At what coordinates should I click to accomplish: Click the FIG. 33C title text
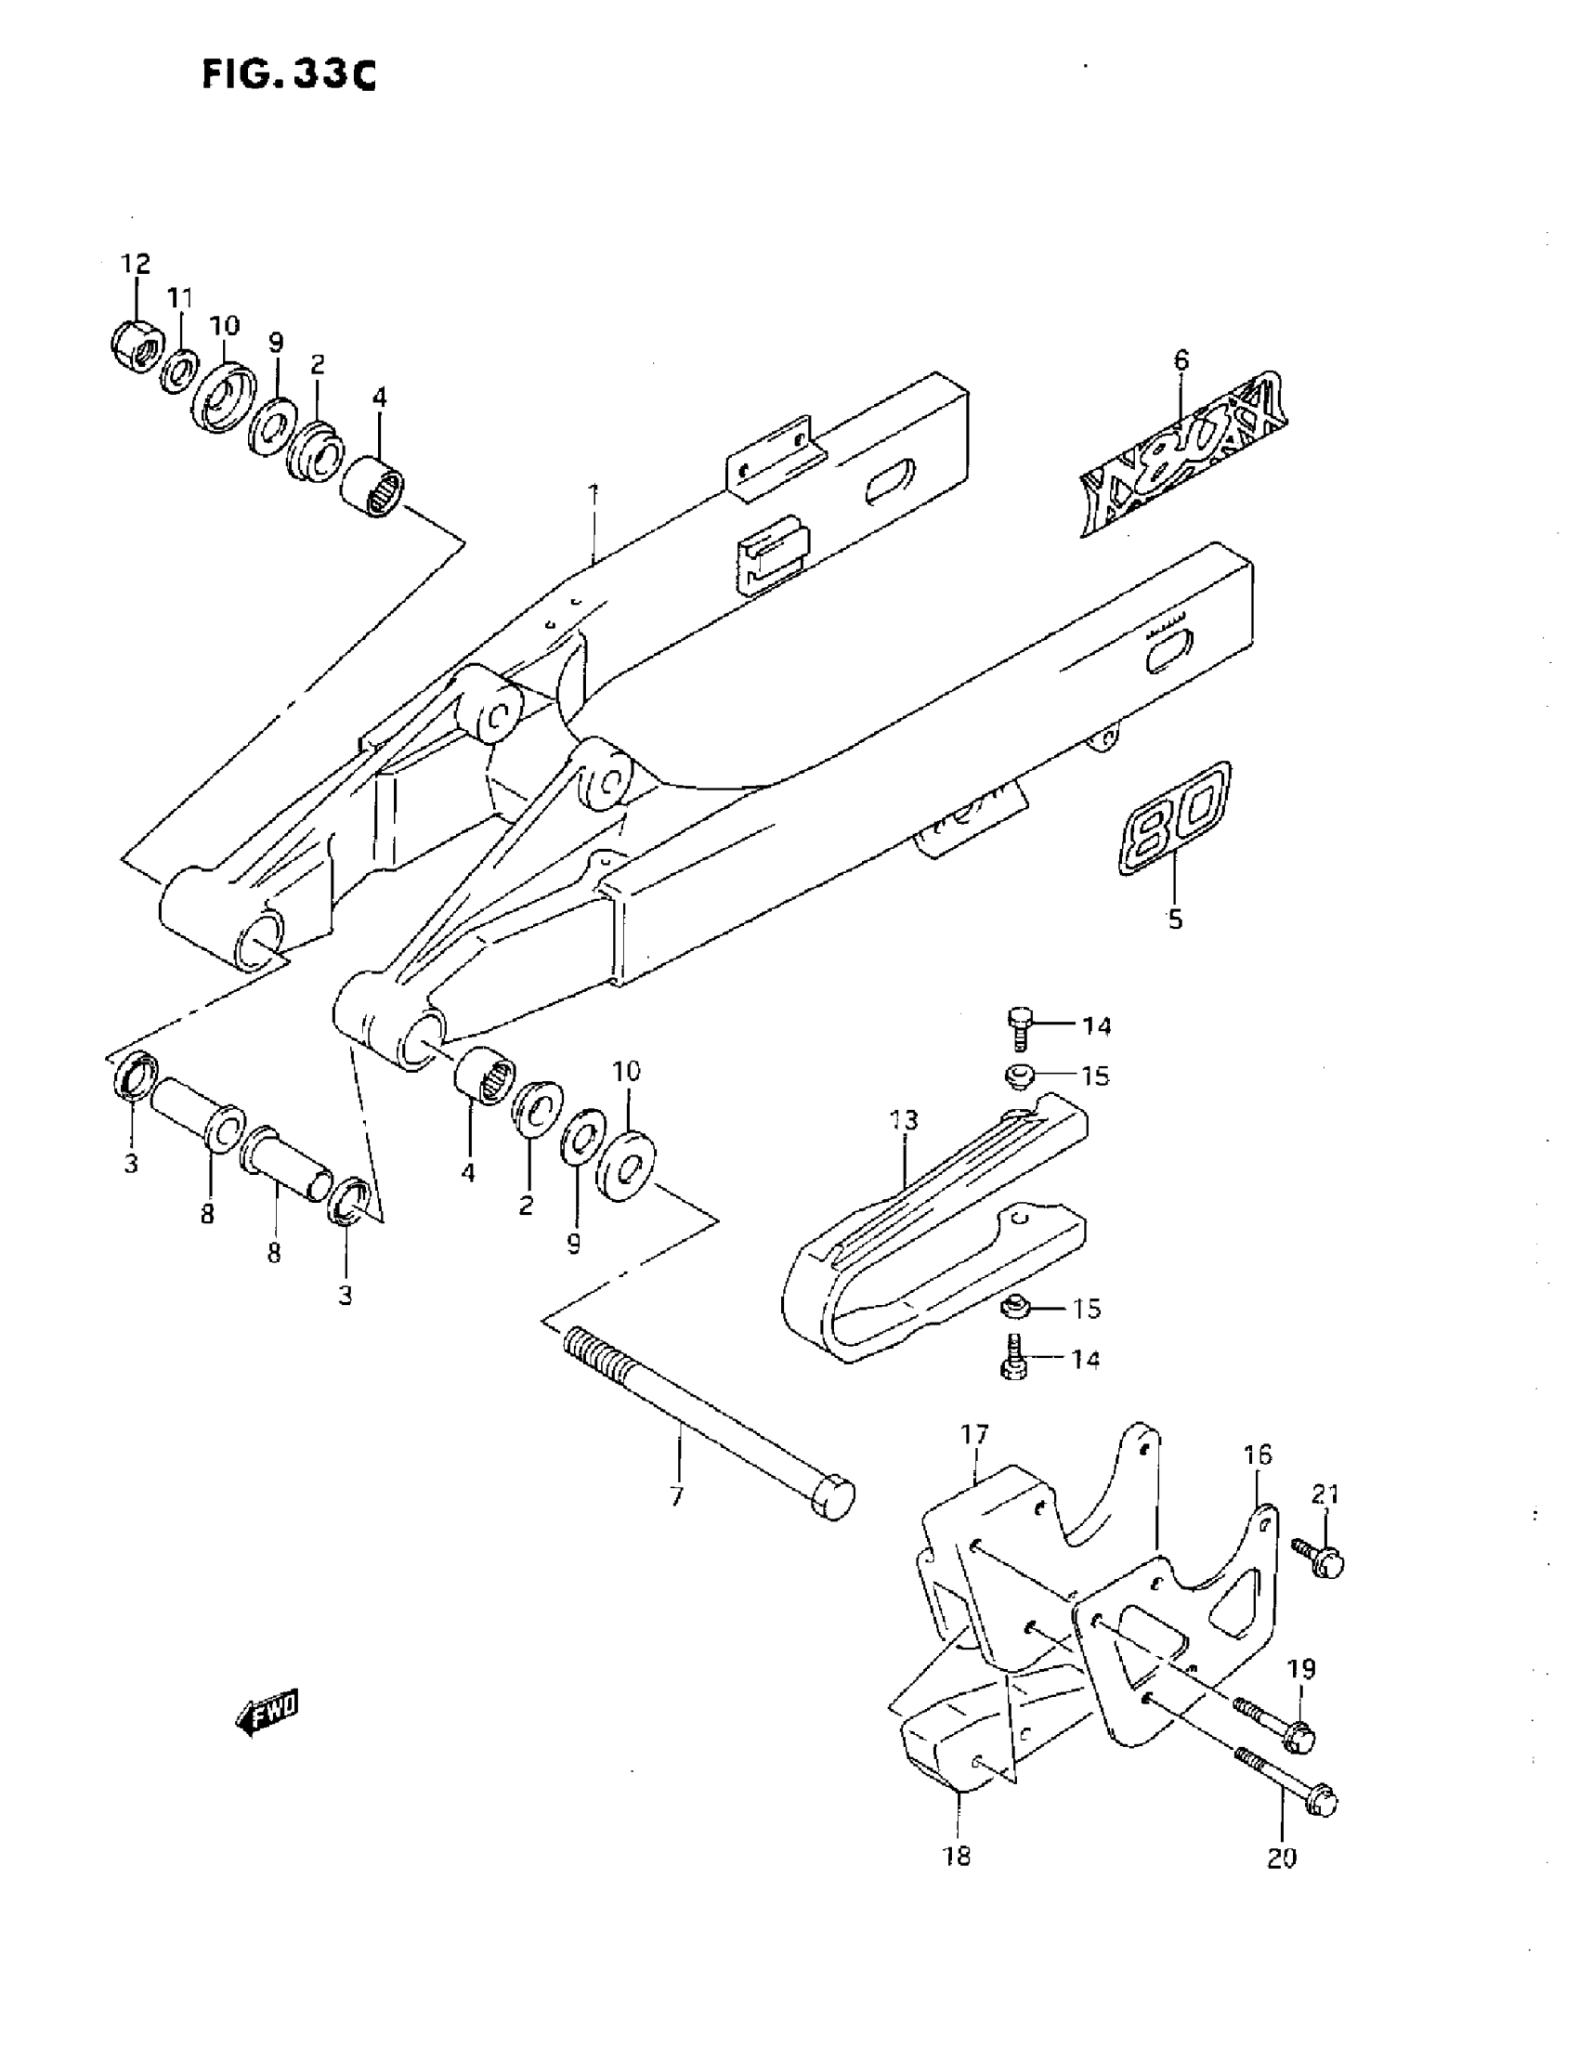[x=289, y=74]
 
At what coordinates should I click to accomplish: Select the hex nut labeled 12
[x=134, y=348]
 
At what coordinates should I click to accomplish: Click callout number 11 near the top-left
[x=180, y=299]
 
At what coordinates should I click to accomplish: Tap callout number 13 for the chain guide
[x=904, y=1119]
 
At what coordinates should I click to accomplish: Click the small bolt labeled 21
[x=1318, y=1558]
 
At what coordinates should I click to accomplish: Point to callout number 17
[x=975, y=1434]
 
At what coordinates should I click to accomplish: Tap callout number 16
[x=1259, y=1454]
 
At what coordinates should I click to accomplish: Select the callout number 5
[x=1176, y=919]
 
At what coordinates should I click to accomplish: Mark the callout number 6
[x=1181, y=360]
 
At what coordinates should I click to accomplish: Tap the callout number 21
[x=1325, y=1494]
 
